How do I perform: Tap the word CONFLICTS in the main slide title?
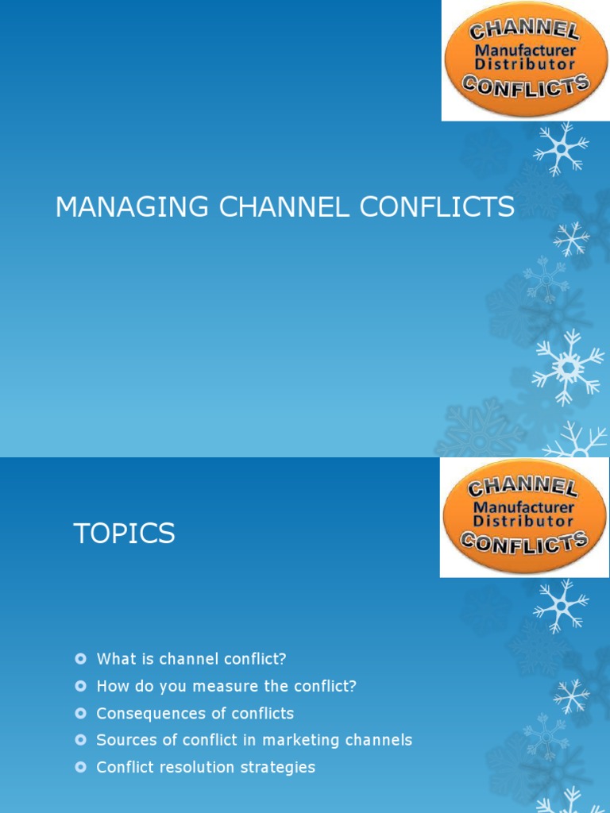(x=437, y=207)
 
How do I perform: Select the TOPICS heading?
(x=124, y=534)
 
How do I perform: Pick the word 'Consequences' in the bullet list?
(x=141, y=713)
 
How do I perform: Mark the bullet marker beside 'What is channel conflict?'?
(x=79, y=659)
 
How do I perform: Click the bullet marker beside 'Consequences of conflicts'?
(x=79, y=713)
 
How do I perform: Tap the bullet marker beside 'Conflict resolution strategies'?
(x=79, y=767)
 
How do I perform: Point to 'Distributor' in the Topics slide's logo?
(x=523, y=521)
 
